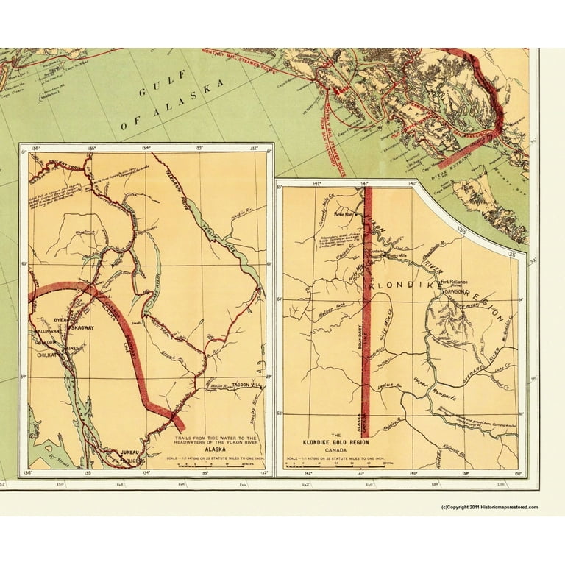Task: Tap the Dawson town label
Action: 456,291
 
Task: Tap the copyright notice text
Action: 489,507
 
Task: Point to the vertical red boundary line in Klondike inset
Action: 366,309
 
